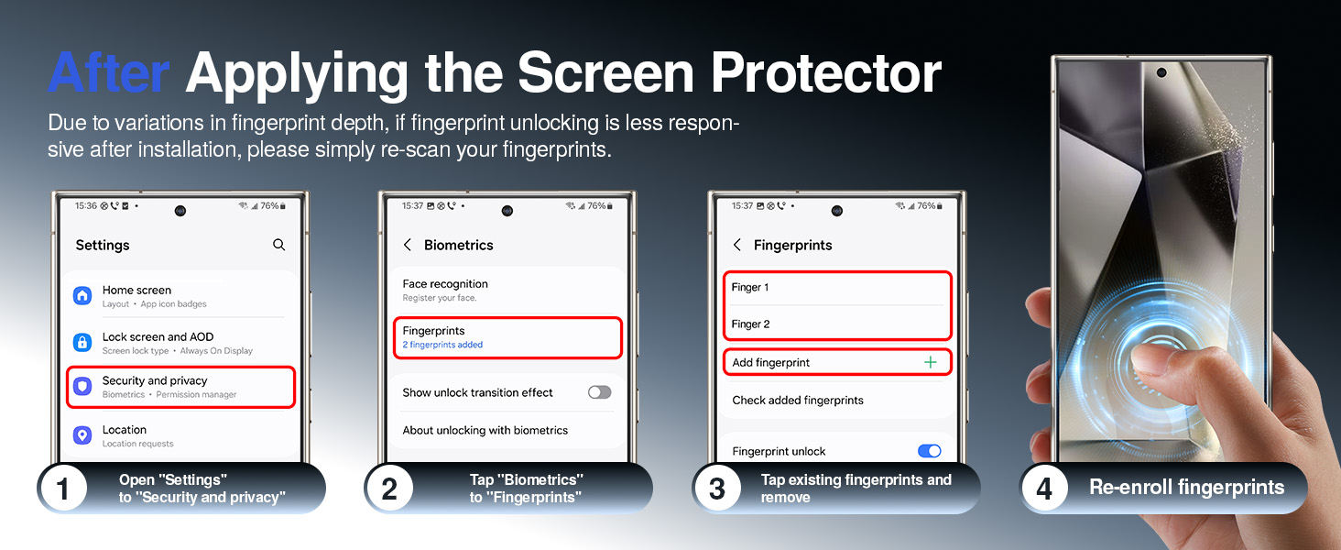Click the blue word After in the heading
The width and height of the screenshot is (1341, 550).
tap(109, 73)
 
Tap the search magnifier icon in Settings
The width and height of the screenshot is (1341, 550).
tap(279, 245)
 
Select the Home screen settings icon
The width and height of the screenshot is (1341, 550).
tap(82, 295)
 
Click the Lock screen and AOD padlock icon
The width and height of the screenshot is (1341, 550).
tap(82, 343)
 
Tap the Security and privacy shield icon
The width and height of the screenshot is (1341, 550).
tap(82, 387)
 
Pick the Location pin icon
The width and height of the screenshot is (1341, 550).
tap(82, 435)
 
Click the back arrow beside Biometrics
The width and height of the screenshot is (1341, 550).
tap(408, 245)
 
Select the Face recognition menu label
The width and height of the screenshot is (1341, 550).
tap(445, 284)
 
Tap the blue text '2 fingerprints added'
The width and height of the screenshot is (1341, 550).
tap(442, 345)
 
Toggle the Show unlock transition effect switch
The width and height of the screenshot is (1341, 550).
tap(599, 392)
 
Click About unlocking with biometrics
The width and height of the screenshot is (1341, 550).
tap(485, 430)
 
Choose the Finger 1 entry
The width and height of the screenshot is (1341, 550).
tap(750, 288)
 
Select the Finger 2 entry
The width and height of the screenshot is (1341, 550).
tap(750, 324)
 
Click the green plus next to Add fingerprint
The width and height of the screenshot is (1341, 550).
tap(931, 362)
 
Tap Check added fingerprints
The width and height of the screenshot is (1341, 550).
tap(798, 400)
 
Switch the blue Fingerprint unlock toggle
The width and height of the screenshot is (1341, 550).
tap(929, 451)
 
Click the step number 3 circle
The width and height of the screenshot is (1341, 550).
tap(717, 489)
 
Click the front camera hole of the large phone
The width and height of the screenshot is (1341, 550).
tap(1161, 72)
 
